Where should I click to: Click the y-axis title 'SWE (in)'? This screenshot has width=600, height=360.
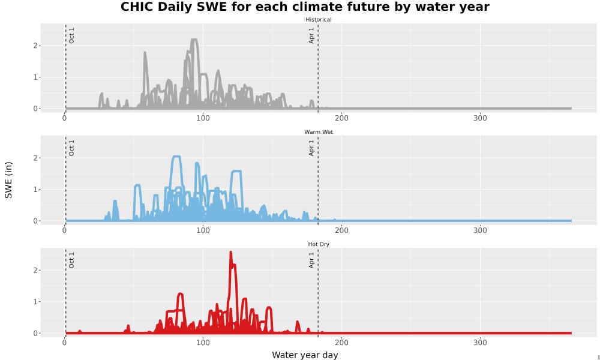click(8, 180)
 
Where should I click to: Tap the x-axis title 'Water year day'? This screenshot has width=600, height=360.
click(305, 355)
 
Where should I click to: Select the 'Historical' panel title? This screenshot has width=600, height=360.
click(319, 20)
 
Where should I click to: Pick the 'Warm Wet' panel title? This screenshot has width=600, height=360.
click(319, 132)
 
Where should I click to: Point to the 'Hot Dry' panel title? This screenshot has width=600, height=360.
click(319, 244)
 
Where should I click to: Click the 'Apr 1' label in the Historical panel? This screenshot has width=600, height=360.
click(311, 35)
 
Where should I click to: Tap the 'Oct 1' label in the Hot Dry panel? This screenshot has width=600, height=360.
click(71, 260)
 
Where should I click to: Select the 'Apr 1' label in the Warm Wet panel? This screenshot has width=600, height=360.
click(311, 148)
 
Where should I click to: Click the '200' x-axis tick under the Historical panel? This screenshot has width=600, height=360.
click(341, 118)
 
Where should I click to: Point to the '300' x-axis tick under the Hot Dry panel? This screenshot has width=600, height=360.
click(480, 343)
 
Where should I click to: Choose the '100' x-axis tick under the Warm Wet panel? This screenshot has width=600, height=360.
click(203, 230)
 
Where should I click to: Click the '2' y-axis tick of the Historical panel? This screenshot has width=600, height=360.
click(35, 46)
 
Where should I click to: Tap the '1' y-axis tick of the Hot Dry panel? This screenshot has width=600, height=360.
click(35, 301)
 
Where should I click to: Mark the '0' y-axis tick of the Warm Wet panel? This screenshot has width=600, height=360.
click(35, 221)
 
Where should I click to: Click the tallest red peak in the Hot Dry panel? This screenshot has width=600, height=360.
click(230, 252)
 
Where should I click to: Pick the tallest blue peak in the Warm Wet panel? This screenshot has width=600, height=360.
click(176, 157)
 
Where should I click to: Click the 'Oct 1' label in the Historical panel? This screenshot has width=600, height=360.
click(71, 35)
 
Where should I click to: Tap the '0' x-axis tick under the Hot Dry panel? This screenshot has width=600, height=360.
click(65, 343)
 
